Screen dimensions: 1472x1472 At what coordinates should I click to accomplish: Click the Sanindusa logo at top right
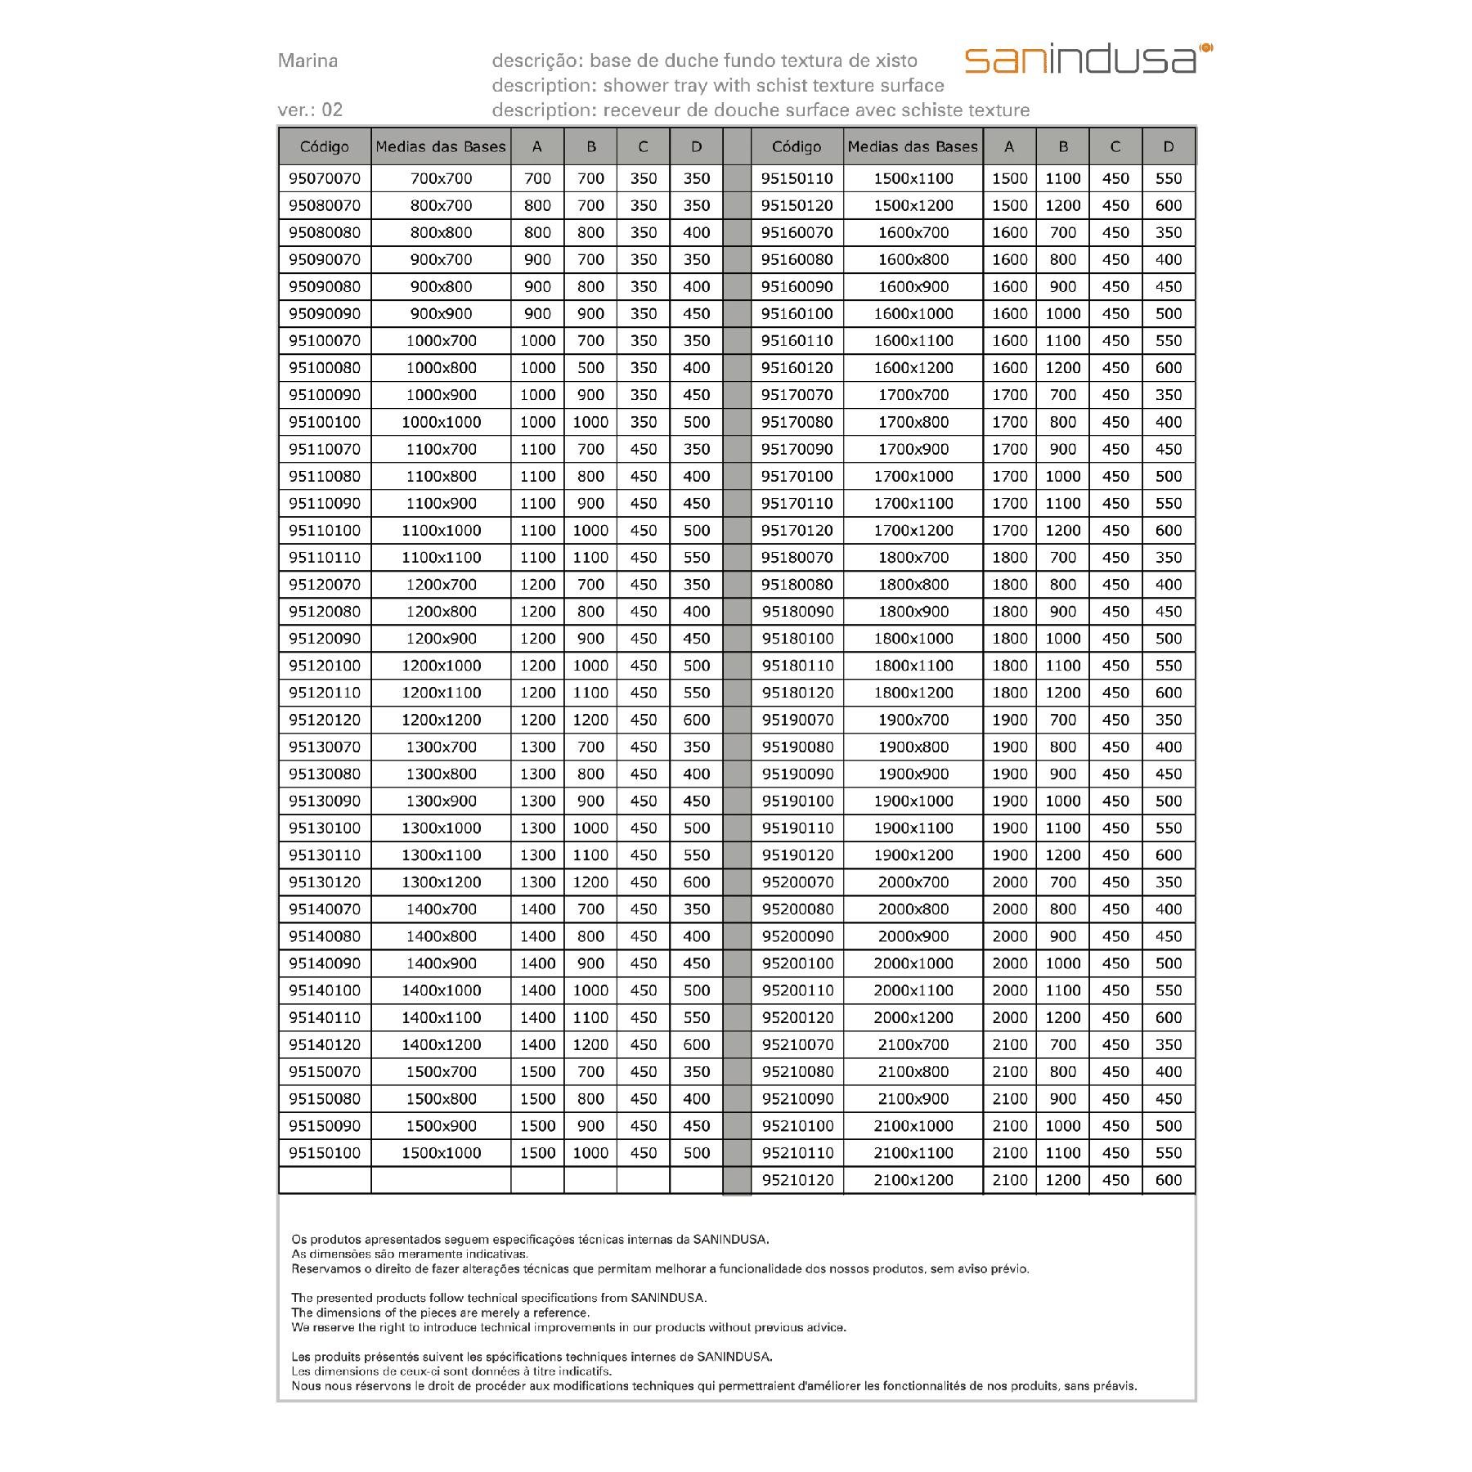1088,60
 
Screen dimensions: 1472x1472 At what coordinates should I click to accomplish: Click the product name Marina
307,61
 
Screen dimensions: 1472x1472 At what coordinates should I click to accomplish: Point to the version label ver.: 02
310,110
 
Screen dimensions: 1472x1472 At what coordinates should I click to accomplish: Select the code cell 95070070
325,178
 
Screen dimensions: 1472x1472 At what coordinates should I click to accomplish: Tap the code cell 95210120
797,1180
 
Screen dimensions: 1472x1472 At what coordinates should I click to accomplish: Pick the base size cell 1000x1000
441,422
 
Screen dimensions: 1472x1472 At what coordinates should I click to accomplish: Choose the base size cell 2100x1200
913,1180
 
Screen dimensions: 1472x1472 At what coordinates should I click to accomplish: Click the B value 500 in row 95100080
590,368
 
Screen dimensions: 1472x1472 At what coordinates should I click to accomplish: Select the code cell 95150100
325,1153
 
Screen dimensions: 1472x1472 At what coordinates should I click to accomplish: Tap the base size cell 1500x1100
913,178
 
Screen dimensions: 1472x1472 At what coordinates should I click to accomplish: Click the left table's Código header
325,147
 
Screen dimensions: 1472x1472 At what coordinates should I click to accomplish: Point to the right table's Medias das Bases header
913,147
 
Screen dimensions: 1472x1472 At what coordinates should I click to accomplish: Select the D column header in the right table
1168,147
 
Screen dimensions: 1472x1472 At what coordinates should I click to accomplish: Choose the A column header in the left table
537,147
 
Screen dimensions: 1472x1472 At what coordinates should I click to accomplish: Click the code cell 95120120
325,720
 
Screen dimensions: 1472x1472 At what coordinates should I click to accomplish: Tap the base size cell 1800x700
913,558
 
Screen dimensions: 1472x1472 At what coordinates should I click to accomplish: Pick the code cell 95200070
797,882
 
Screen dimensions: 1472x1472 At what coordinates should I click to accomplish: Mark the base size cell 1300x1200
441,882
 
